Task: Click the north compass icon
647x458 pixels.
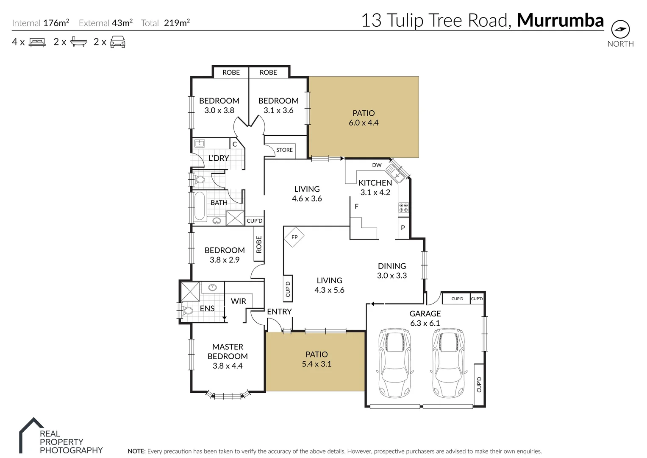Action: (620, 30)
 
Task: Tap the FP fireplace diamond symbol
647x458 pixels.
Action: (294, 237)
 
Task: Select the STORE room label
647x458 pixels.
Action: (284, 150)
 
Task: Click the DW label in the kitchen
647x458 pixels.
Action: (377, 165)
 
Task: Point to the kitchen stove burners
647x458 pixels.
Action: (403, 207)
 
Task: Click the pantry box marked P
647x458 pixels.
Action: (403, 228)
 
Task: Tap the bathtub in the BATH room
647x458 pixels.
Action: (199, 206)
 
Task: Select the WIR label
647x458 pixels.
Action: (238, 301)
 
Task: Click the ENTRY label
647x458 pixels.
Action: (279, 312)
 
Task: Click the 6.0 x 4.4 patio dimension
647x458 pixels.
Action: (364, 123)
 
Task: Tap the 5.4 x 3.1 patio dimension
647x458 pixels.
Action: (317, 364)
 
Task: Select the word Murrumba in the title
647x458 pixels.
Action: (560, 20)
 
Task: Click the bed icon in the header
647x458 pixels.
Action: (37, 42)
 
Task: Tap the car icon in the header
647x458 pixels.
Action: (117, 42)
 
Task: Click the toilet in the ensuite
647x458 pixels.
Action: (188, 311)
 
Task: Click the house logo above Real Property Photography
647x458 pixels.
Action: (31, 428)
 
